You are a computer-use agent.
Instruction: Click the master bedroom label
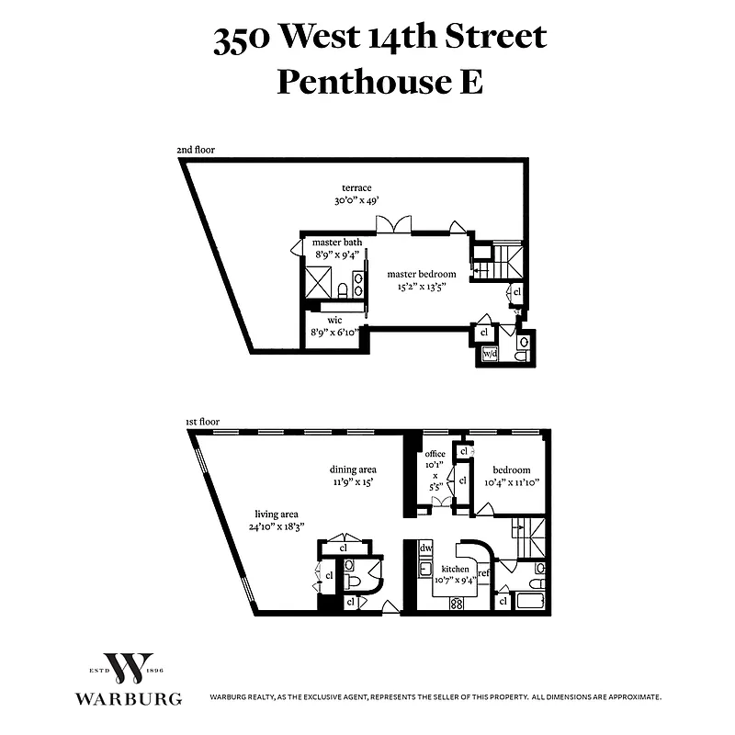[x=421, y=274]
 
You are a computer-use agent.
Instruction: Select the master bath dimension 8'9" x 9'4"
[x=337, y=254]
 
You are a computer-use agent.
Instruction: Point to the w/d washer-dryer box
[x=490, y=355]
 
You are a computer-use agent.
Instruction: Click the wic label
[x=335, y=321]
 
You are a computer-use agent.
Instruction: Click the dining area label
[x=355, y=469]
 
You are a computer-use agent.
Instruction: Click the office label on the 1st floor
[x=435, y=454]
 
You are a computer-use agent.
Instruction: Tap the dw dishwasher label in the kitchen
[x=425, y=548]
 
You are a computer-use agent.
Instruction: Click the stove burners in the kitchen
[x=456, y=603]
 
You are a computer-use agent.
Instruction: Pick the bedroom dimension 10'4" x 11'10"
[x=511, y=481]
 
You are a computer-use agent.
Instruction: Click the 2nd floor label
[x=196, y=150]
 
